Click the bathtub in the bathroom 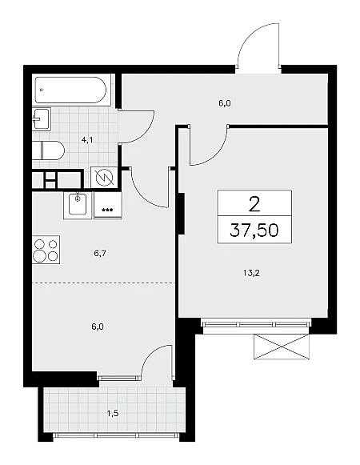pos(70,90)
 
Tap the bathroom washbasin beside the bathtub pos(42,118)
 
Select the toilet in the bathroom pos(48,150)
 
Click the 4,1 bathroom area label pos(87,140)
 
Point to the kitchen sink pos(78,205)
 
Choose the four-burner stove pos(46,251)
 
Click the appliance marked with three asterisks pos(108,205)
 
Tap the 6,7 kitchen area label pos(101,253)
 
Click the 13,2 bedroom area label pos(251,273)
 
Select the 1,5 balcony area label pos(113,413)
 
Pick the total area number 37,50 pos(254,230)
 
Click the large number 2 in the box pos(254,204)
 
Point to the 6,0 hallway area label pos(225,103)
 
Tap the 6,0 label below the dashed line pos(98,327)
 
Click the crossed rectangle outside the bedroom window pos(282,347)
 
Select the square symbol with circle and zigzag pos(106,178)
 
